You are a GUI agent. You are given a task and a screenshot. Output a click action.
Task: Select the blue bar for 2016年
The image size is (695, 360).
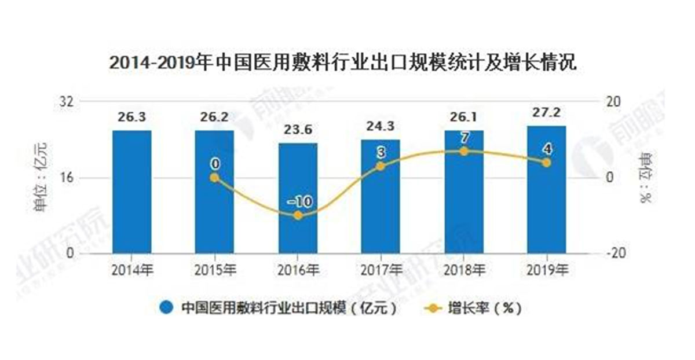298,198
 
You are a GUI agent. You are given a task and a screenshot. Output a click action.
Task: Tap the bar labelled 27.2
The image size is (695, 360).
546,190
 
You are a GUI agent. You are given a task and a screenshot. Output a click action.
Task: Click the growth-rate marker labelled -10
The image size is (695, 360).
298,215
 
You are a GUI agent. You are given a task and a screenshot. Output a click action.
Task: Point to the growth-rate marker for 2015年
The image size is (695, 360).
214,178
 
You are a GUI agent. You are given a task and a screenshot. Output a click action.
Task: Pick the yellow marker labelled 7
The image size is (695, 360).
463,151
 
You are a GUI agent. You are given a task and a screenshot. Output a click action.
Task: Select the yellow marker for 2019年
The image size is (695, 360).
546,163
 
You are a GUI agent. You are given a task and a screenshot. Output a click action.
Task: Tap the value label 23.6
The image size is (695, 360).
298,131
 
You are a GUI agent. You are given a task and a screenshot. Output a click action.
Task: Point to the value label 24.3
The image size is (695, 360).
381,127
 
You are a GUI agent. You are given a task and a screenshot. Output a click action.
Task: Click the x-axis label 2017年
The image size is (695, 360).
381,270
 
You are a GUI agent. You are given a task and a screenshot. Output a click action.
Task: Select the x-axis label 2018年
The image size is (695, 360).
463,270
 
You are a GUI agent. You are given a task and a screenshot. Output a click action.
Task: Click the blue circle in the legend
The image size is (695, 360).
167,308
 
